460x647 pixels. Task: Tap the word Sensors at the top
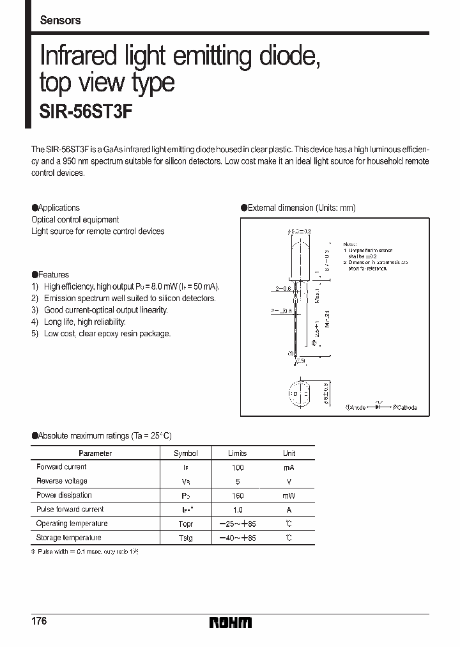[x=60, y=20]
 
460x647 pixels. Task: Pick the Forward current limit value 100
[x=237, y=467]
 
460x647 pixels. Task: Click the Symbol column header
[x=186, y=453]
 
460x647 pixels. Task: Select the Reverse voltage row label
[x=62, y=481]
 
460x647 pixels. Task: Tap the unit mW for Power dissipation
[x=289, y=495]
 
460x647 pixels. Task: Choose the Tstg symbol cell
[x=186, y=538]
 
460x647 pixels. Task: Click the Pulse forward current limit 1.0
[x=237, y=510]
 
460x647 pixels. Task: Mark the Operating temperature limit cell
[x=237, y=524]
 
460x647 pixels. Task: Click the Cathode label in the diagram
[x=404, y=407]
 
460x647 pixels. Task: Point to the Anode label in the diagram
[x=355, y=407]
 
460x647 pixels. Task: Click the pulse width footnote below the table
[x=85, y=552]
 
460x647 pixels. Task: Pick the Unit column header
[x=289, y=453]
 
